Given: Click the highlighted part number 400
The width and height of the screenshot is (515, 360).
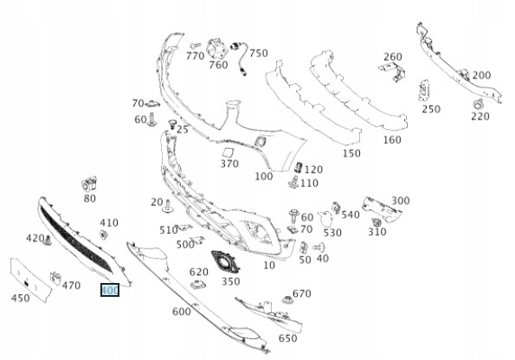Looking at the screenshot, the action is [110, 290].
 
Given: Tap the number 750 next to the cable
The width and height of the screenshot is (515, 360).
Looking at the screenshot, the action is [259, 53].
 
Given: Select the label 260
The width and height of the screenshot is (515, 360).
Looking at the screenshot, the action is [393, 57].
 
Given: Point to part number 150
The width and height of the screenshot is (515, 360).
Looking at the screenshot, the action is [351, 153].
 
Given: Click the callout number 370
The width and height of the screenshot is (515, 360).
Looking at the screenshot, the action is [229, 164].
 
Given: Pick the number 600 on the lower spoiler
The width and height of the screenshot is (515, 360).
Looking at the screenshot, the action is [181, 312].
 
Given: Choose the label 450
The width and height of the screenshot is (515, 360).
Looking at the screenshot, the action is [21, 299].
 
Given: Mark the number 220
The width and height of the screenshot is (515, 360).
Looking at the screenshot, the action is [480, 116].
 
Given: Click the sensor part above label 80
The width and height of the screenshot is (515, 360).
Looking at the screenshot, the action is [88, 184].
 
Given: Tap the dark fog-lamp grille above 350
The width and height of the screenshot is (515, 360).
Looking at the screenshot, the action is [225, 262].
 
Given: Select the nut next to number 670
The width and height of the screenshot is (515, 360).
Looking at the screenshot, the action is [287, 300].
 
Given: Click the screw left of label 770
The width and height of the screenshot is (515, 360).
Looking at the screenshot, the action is [195, 45].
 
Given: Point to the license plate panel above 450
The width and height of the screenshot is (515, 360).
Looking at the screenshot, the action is [30, 280].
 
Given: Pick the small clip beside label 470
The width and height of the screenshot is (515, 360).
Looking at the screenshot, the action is [55, 279].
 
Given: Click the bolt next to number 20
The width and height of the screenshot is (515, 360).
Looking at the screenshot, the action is [168, 207].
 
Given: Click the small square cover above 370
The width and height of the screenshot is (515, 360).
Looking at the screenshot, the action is [261, 141].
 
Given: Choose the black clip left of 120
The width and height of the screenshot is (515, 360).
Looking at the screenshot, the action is [299, 167].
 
